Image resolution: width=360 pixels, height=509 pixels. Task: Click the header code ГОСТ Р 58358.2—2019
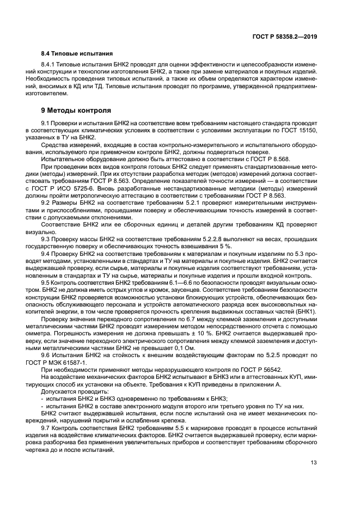point(285,36)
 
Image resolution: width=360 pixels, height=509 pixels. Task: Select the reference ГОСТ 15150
point(299,132)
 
